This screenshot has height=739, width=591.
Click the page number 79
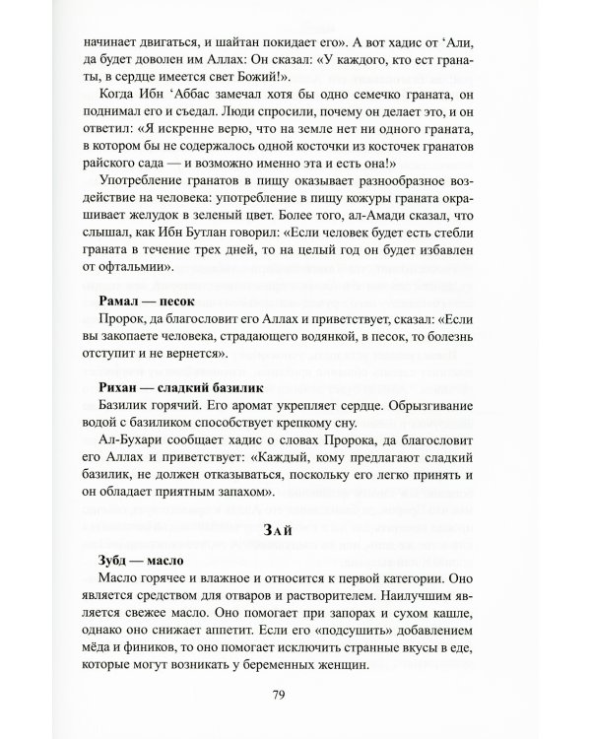click(x=295, y=695)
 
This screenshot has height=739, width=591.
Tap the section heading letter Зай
click(x=295, y=530)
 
